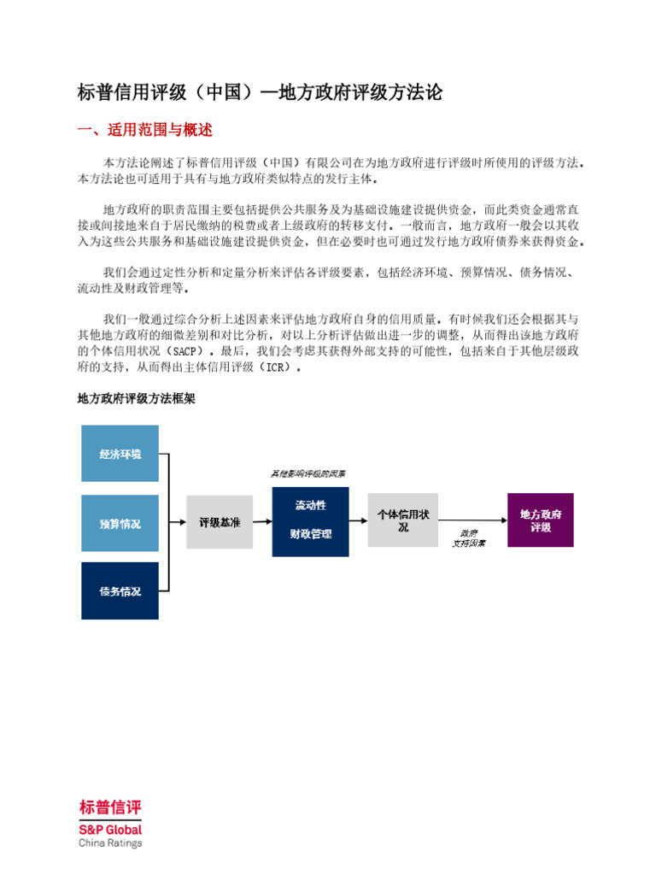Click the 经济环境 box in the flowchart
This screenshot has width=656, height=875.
pyautogui.click(x=120, y=454)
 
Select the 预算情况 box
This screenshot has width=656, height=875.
pyautogui.click(x=120, y=523)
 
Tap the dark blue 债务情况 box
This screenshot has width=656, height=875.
pyautogui.click(x=120, y=590)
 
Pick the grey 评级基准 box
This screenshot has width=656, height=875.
pyautogui.click(x=220, y=521)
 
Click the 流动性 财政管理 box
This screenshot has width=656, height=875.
pyautogui.click(x=310, y=521)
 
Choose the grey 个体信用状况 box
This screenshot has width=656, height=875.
pyautogui.click(x=403, y=520)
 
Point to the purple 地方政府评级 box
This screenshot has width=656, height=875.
pyautogui.click(x=541, y=520)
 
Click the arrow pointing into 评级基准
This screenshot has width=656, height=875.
pyautogui.click(x=178, y=521)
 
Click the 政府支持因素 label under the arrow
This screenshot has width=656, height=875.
pyautogui.click(x=469, y=537)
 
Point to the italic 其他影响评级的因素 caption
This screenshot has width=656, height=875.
pyautogui.click(x=308, y=473)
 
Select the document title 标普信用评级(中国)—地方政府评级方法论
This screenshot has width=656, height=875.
pyautogui.click(x=260, y=92)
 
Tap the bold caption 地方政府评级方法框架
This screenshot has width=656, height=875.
pyautogui.click(x=137, y=398)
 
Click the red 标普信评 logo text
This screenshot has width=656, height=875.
pyautogui.click(x=110, y=807)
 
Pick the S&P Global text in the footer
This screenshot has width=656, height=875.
pyautogui.click(x=110, y=829)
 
